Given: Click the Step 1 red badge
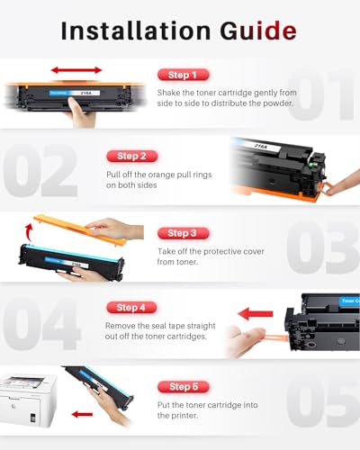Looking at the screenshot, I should pyautogui.click(x=184, y=75).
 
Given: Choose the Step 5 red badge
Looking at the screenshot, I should pyautogui.click(x=184, y=386).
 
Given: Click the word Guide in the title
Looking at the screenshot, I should pyautogui.click(x=256, y=31).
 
